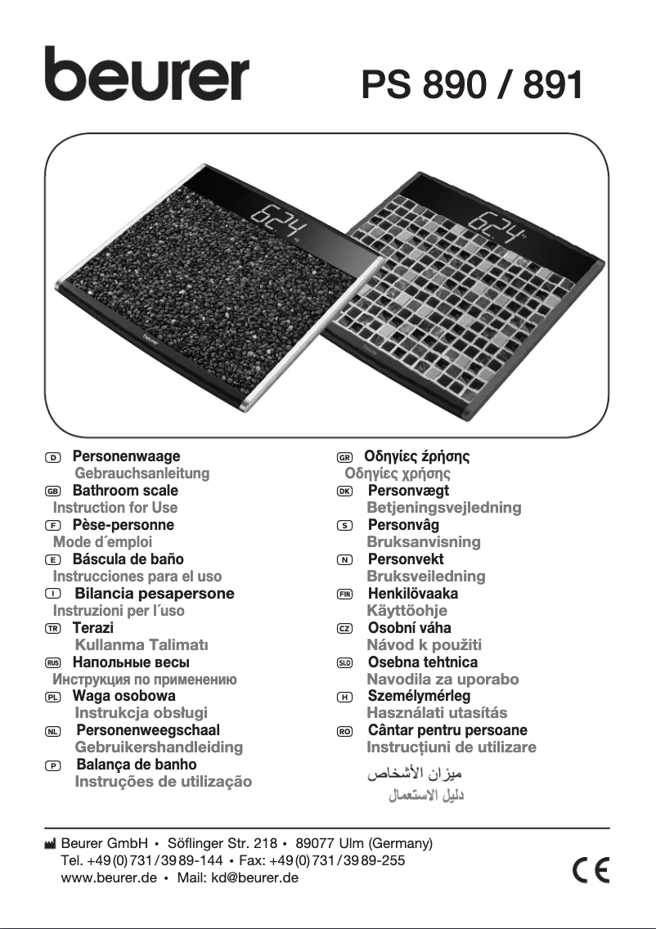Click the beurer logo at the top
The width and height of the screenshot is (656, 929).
[x=146, y=74]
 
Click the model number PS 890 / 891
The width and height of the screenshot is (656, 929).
[x=472, y=85]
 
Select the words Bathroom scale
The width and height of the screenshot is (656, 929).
[x=125, y=491]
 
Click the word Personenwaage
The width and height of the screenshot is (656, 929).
[x=126, y=456]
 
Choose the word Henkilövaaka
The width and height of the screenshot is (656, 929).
[x=412, y=594]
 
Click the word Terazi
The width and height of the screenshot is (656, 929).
[x=92, y=628]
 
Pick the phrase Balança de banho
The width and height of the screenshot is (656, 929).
[x=136, y=765]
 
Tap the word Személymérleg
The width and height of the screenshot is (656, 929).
[x=419, y=697]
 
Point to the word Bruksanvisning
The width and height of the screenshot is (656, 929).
[x=423, y=542]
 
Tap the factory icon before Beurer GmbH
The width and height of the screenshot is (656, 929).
[x=51, y=843]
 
